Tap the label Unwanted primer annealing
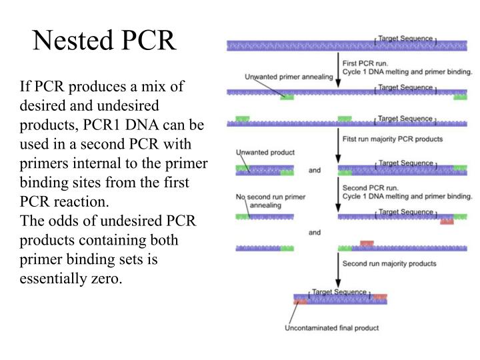(289, 77)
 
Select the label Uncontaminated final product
(331, 328)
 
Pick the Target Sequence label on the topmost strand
(405, 39)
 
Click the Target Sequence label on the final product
(339, 292)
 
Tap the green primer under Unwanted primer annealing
(287, 97)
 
